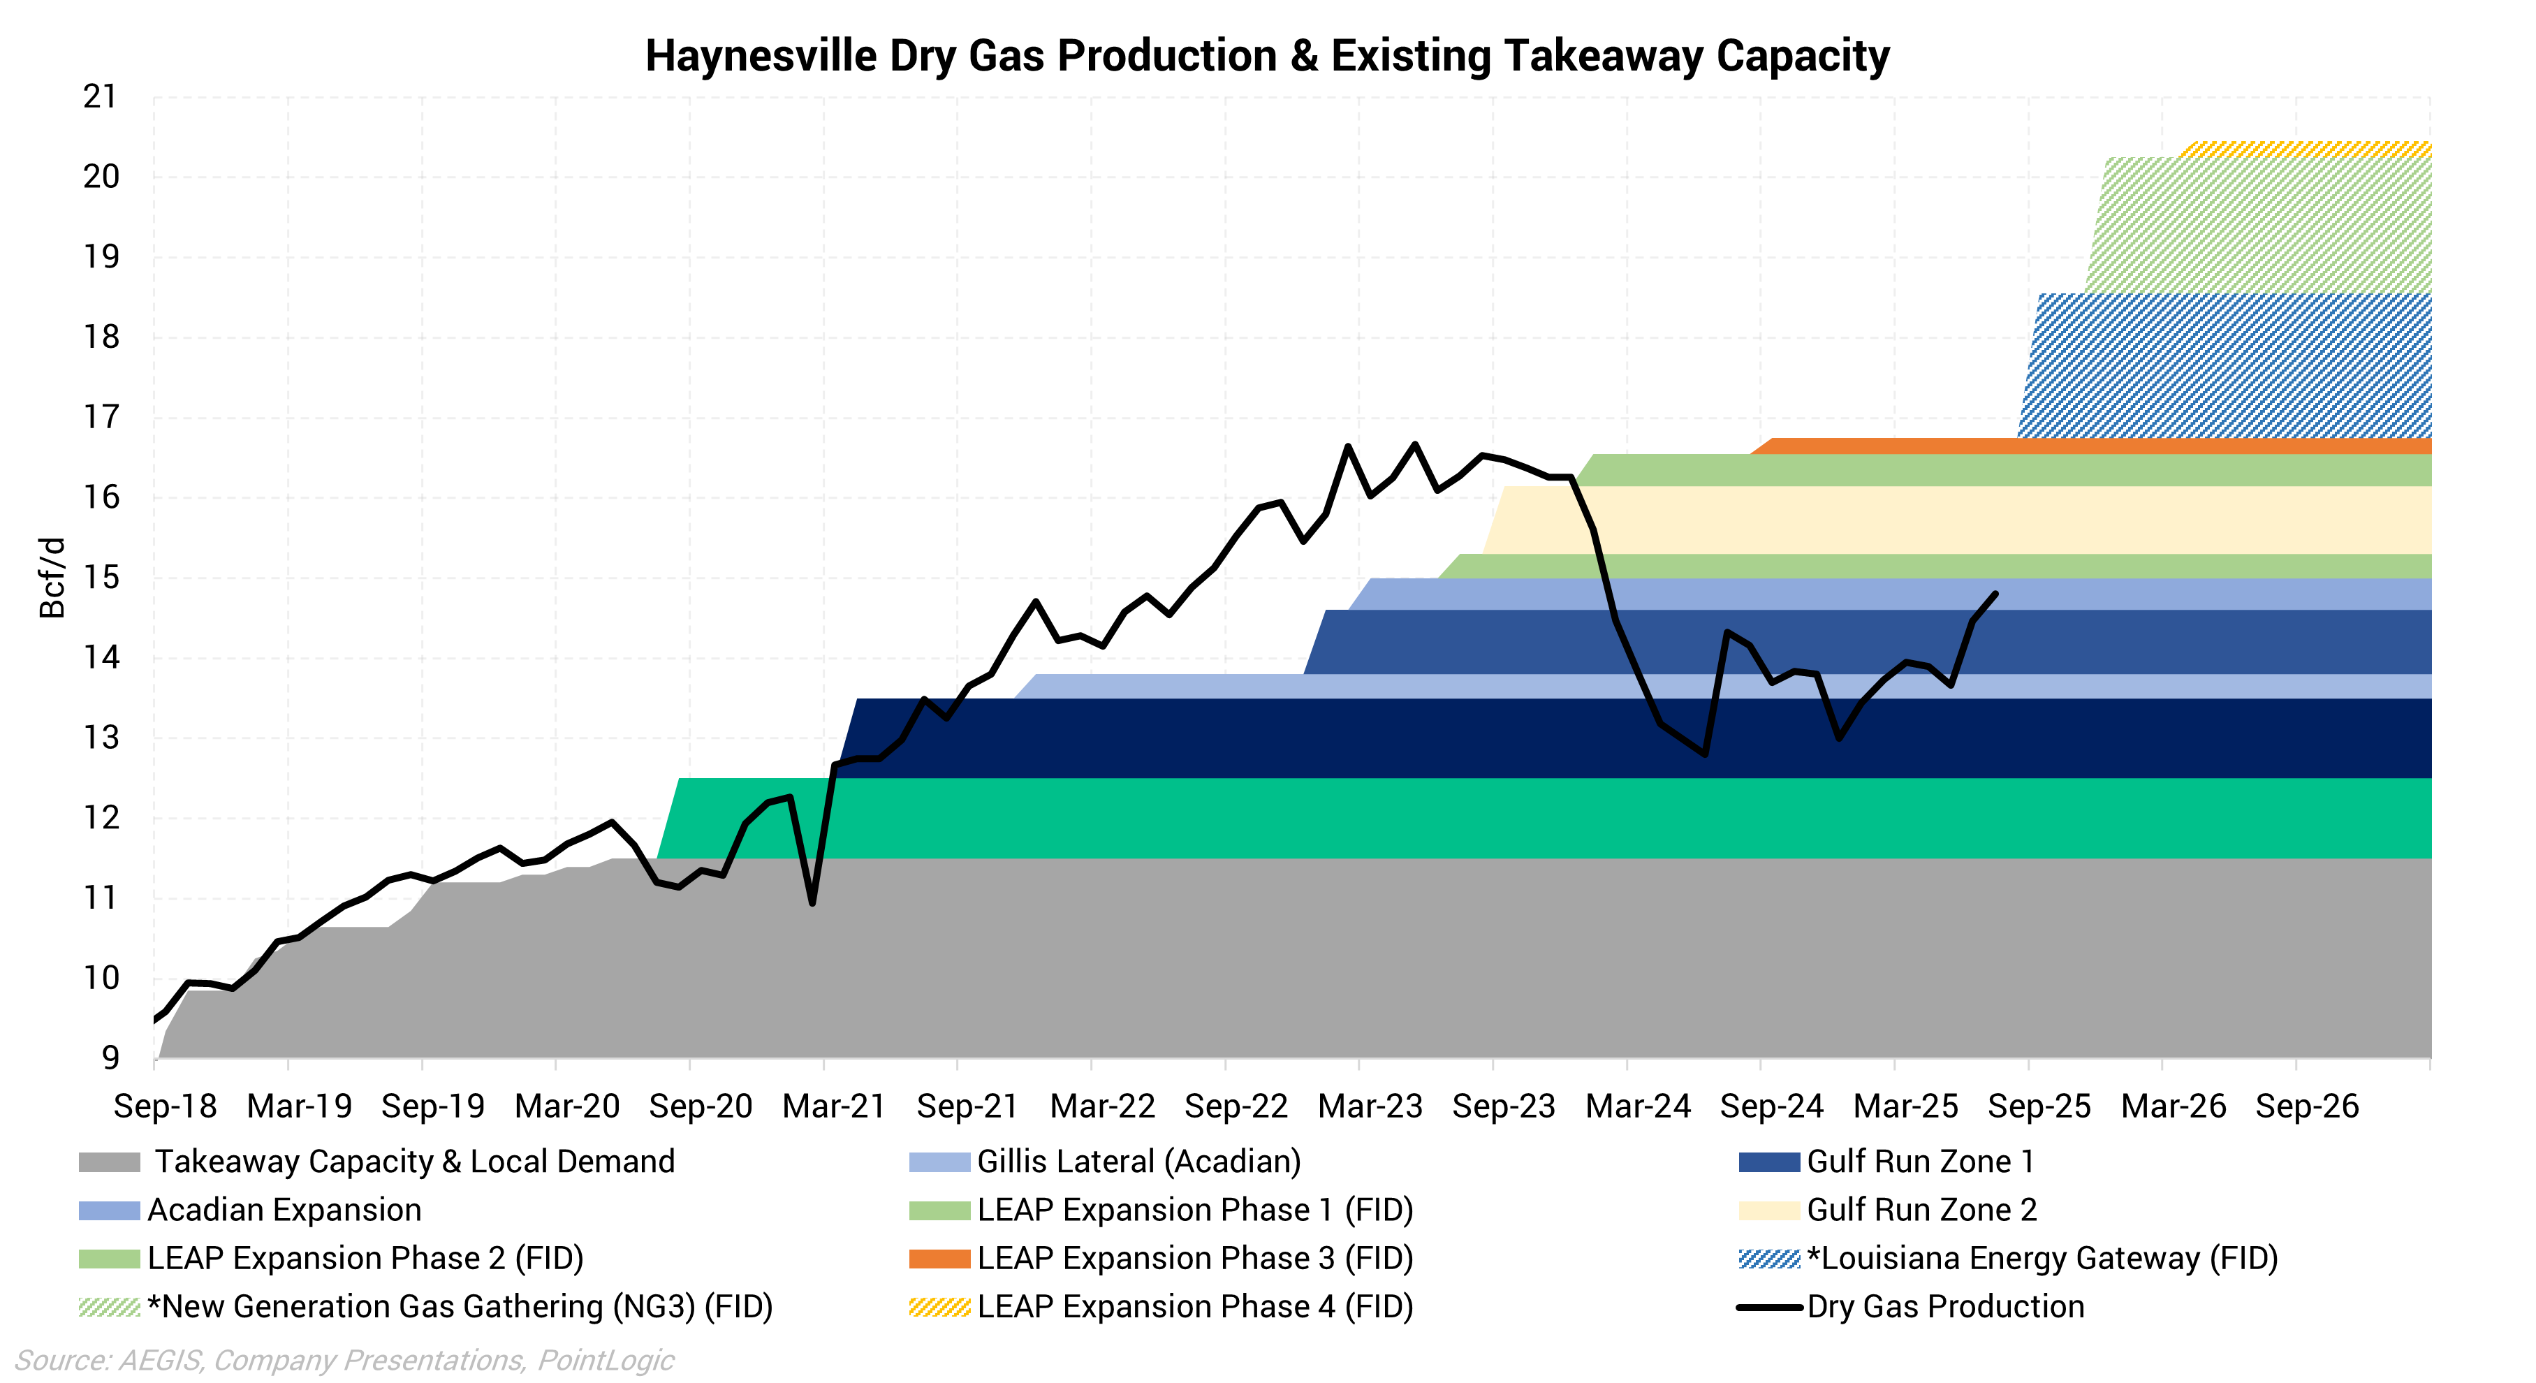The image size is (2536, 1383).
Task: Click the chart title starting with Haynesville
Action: point(1267,56)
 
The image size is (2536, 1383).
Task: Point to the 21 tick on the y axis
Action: point(99,96)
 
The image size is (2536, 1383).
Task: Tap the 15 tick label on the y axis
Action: point(99,578)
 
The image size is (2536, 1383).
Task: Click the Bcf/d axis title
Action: point(51,578)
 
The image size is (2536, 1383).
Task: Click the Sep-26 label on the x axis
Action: point(2307,1106)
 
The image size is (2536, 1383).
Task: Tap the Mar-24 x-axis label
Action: point(1637,1106)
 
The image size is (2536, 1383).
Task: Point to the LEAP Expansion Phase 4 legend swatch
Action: point(939,1307)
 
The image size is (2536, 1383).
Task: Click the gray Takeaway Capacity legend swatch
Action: point(109,1162)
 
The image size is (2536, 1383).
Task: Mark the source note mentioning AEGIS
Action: point(344,1361)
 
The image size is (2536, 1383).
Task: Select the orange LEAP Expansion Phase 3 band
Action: point(2067,446)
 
